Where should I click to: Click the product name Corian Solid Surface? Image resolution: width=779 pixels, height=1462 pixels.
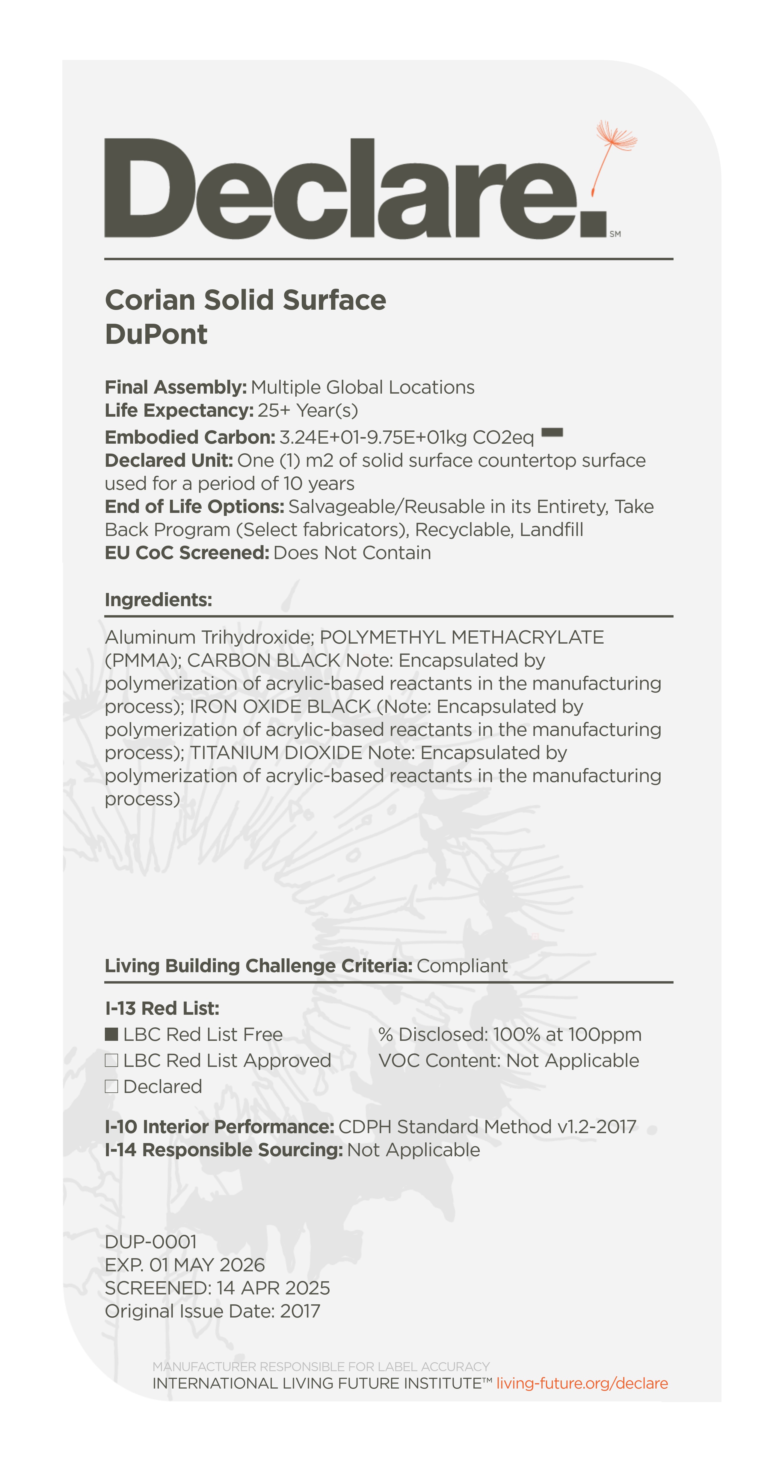[245, 300]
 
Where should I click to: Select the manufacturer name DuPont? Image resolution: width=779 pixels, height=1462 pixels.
[156, 334]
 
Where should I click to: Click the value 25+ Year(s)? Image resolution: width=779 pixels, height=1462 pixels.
[307, 410]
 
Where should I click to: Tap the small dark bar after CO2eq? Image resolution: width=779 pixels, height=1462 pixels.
[552, 433]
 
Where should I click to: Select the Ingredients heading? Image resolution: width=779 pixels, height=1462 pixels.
[158, 600]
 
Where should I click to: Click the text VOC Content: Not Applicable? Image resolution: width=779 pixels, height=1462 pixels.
[508, 1060]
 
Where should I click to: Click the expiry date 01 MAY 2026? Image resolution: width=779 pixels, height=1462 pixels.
[206, 1265]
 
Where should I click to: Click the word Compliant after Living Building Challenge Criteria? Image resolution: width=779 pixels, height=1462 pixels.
[462, 966]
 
